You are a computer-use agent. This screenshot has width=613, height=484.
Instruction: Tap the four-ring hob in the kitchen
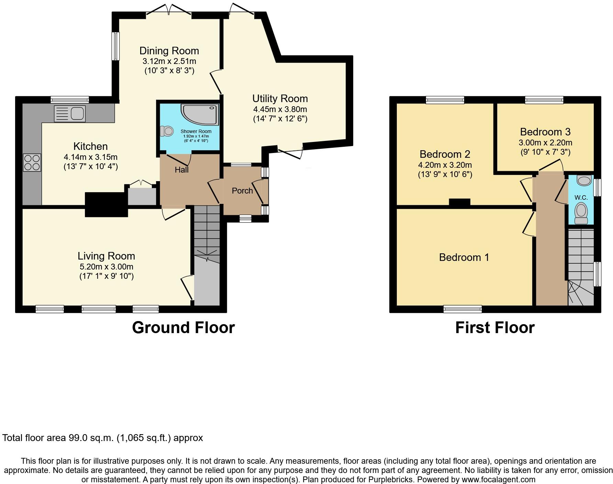(32, 163)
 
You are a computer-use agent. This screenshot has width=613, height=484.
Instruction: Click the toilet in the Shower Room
(167, 131)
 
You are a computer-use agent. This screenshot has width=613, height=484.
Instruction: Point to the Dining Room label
(169, 51)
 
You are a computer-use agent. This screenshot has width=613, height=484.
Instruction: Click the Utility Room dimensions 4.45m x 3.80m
(280, 110)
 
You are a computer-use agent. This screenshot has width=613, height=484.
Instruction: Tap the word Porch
(242, 191)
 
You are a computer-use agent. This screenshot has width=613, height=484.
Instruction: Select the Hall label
(181, 170)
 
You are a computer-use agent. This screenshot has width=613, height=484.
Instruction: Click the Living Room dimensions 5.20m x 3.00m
(106, 267)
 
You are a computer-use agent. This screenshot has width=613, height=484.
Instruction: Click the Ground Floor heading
(183, 328)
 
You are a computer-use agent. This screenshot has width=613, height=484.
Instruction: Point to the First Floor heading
(495, 328)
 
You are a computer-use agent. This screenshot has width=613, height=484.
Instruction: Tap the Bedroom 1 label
(464, 257)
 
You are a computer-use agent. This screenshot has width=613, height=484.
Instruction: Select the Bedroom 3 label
(545, 132)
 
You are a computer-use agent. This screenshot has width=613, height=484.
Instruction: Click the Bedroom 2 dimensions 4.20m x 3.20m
(445, 165)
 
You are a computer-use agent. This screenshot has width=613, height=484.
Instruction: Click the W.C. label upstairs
(581, 198)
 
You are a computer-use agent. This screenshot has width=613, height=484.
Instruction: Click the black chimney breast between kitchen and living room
(106, 205)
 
